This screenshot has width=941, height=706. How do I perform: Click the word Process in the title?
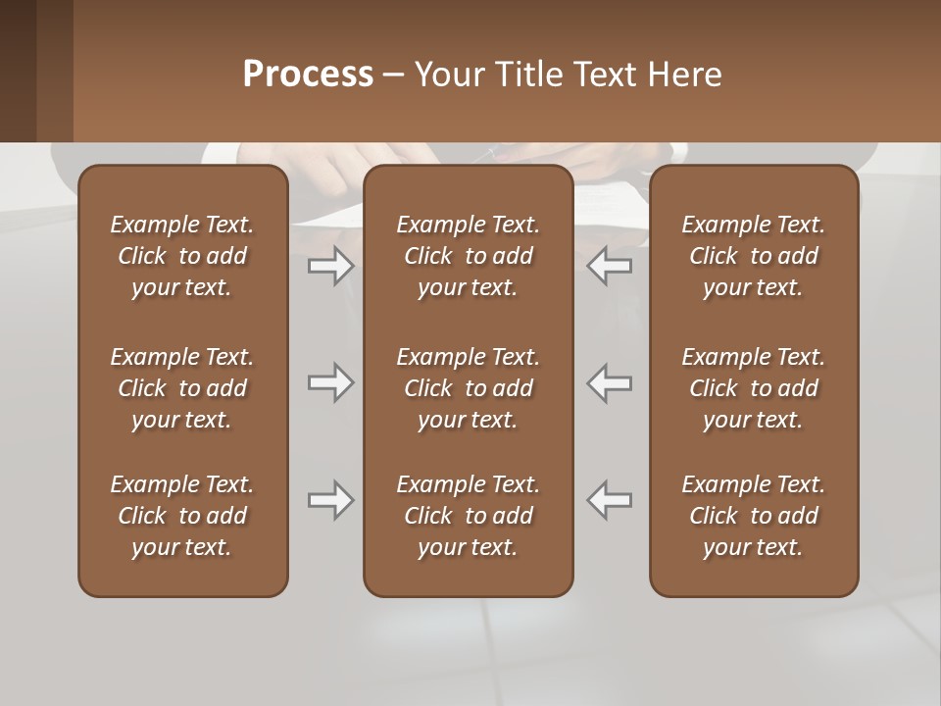click(x=308, y=75)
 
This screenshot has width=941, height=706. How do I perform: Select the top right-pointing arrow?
click(x=330, y=266)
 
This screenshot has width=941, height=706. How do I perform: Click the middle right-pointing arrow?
click(x=330, y=382)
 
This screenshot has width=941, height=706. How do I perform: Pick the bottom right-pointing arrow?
click(x=330, y=500)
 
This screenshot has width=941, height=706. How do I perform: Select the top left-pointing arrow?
click(x=609, y=266)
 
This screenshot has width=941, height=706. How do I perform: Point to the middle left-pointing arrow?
click(x=609, y=382)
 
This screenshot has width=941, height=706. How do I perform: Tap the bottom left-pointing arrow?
click(x=609, y=500)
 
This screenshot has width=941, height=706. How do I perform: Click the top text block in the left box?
click(x=182, y=256)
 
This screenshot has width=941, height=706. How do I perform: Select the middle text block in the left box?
click(x=182, y=388)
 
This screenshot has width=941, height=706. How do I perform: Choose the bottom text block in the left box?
click(x=182, y=516)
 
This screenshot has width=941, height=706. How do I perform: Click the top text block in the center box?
click(x=468, y=256)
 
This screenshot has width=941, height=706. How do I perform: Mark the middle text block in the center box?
click(x=468, y=388)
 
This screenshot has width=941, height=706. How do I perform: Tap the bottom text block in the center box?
click(x=468, y=516)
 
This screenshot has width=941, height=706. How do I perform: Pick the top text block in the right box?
click(x=753, y=256)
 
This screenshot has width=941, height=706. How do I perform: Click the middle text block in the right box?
click(x=753, y=388)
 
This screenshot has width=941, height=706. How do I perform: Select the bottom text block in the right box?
click(x=753, y=516)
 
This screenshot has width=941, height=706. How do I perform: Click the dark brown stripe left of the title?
click(x=18, y=71)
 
